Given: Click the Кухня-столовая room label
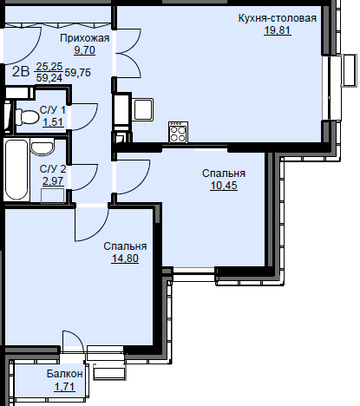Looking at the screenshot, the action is (278, 18).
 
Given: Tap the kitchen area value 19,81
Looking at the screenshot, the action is (278, 30).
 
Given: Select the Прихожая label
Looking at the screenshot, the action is (85, 38).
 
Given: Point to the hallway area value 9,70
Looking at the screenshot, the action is (84, 50).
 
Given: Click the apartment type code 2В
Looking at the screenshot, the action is (21, 72).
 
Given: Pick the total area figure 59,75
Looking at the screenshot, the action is (77, 72).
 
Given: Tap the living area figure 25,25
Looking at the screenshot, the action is (49, 67).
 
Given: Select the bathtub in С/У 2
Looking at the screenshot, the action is (16, 169).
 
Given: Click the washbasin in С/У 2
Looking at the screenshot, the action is (43, 147).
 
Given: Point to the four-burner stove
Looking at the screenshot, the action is (178, 133).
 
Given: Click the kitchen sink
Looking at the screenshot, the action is (143, 109).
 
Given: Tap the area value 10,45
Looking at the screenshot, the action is (224, 186).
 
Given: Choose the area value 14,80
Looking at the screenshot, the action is (125, 259).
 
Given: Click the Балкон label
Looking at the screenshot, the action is (65, 374).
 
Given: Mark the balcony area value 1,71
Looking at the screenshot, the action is (65, 386).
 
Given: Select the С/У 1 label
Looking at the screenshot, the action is (53, 110).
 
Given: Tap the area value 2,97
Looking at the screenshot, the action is (53, 181).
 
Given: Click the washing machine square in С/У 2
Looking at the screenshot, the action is (52, 196).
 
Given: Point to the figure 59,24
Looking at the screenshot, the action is (49, 77).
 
